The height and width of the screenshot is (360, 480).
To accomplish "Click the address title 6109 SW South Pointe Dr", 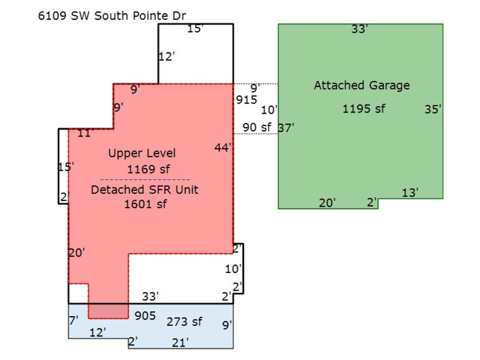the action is click(x=112, y=15).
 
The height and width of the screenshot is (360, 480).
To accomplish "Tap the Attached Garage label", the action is click(x=362, y=85).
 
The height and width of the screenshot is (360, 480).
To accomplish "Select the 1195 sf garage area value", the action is click(x=364, y=109).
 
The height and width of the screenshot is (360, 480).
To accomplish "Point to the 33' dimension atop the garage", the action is click(x=359, y=29).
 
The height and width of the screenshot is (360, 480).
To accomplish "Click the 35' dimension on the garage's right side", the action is click(x=433, y=109).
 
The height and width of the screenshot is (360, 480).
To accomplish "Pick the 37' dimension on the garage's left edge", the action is click(x=286, y=127).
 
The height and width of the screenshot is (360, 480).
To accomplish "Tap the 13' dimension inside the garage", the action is click(x=410, y=193).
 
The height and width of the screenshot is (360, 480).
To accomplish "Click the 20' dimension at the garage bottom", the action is click(x=327, y=203).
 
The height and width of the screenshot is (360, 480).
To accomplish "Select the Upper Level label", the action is click(x=142, y=154).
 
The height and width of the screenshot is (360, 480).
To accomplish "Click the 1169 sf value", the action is click(x=148, y=169).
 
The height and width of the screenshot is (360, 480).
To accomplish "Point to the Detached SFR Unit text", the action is click(x=145, y=190).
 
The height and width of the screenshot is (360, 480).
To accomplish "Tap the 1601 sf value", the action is click(x=146, y=204).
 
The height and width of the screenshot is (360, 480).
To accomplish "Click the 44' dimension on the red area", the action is click(x=223, y=148).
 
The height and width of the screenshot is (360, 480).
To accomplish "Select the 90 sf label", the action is click(x=257, y=127).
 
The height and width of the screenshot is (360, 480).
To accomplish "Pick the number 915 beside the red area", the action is click(x=246, y=100).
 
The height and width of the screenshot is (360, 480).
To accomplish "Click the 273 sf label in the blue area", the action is click(x=185, y=322).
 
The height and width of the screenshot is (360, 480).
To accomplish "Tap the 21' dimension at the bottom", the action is click(x=180, y=342).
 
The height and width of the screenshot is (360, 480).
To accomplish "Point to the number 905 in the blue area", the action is click(x=145, y=316).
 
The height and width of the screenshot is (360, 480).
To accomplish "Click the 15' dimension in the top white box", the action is click(x=195, y=29).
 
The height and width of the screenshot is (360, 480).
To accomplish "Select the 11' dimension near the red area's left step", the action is click(x=85, y=133).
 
